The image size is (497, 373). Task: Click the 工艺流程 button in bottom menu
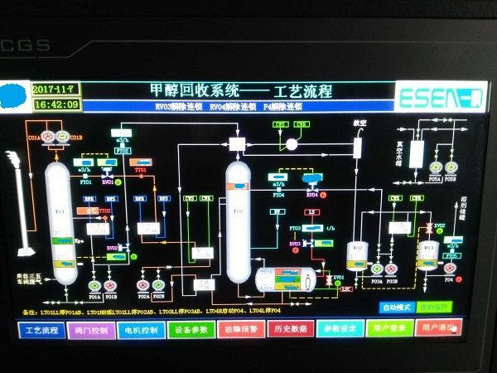tap(41, 329)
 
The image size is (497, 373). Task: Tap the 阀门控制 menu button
tap(91, 329)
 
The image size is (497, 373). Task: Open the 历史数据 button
tap(291, 329)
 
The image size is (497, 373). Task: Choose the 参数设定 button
tap(340, 329)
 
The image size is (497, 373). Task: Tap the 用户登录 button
tap(389, 329)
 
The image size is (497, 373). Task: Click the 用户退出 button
tap(439, 329)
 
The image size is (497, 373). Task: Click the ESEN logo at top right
tap(428, 97)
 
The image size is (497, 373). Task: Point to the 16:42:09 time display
tap(57, 104)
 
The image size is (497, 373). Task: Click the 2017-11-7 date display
tap(54, 88)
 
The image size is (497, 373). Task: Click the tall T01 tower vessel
tap(59, 220)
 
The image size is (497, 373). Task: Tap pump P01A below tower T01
tap(94, 286)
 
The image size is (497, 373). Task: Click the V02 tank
tap(357, 255)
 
